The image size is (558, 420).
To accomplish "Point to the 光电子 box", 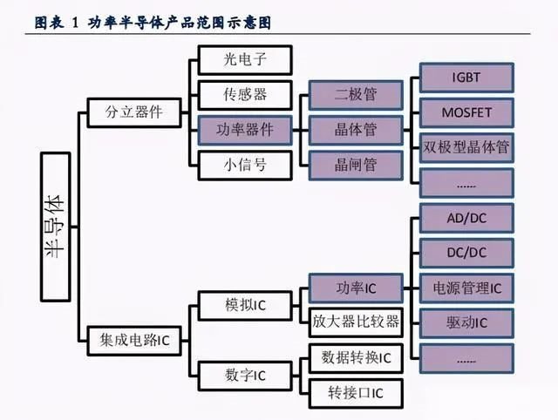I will (x=243, y=60).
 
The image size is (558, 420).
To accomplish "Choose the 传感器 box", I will (x=243, y=94).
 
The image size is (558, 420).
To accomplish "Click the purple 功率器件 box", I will (x=243, y=129).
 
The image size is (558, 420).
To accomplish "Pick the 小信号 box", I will (x=243, y=163).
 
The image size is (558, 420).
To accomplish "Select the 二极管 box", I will (x=356, y=94).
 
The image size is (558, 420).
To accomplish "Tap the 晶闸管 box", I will (x=356, y=163).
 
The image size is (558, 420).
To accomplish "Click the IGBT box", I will (x=466, y=78).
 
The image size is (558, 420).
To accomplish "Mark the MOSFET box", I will (x=466, y=112).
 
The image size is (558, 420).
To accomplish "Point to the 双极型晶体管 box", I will (x=466, y=146).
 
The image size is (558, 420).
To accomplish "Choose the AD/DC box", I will (x=466, y=217).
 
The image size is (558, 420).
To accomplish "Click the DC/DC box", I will (x=466, y=252).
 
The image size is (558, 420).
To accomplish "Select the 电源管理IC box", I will (x=466, y=287).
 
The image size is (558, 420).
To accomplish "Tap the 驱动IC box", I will (x=466, y=322).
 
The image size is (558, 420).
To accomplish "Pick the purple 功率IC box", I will (x=356, y=288).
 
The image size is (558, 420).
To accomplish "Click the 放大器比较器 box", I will (x=356, y=322).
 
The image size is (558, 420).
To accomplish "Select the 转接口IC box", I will (x=356, y=392).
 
